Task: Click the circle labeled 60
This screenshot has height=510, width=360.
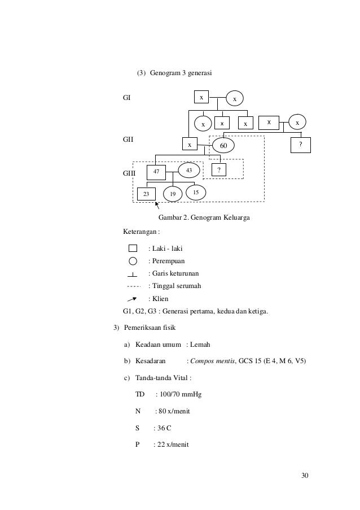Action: click(223, 145)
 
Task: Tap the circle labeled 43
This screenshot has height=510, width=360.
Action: click(189, 170)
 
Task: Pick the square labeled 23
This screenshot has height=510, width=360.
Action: click(146, 193)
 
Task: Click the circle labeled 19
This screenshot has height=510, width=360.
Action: click(173, 194)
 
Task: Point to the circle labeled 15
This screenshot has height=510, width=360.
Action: click(195, 193)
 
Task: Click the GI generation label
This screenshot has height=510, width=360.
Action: click(127, 98)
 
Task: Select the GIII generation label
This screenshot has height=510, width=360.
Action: click(129, 173)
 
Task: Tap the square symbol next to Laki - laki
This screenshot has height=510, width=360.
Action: click(133, 248)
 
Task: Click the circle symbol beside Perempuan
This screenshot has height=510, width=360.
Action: click(133, 261)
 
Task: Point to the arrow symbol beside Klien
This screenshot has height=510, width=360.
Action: click(133, 299)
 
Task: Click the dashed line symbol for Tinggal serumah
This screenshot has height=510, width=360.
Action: click(133, 286)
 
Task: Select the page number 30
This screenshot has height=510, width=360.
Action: click(305, 475)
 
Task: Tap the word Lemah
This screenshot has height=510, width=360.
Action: click(201, 344)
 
